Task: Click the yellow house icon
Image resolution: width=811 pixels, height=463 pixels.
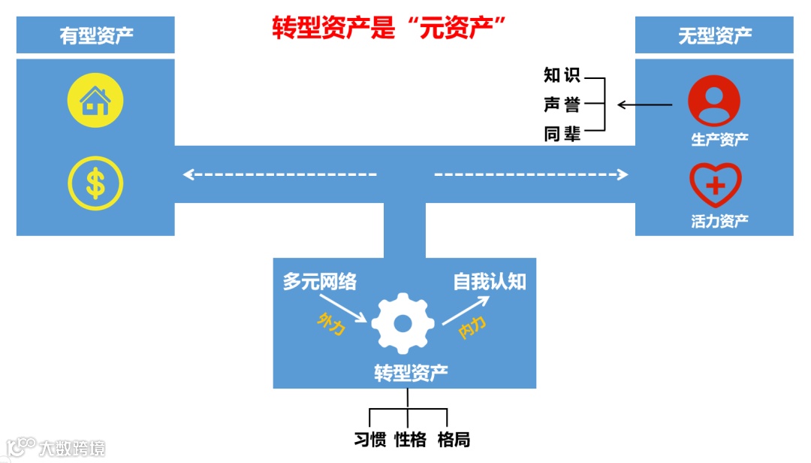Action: (95, 100)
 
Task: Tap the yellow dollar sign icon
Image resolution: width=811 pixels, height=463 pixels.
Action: (95, 183)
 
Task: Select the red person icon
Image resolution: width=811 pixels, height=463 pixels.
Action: (714, 101)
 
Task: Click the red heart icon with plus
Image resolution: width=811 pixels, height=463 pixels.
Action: (716, 185)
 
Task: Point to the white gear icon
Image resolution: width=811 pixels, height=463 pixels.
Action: (403, 323)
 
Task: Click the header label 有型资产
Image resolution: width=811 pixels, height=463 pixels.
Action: (96, 35)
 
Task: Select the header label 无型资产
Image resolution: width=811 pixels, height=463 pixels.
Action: (715, 35)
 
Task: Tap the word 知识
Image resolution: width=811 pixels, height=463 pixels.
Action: (562, 75)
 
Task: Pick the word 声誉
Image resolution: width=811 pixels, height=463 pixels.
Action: (562, 104)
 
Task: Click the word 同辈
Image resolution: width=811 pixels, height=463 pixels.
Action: (562, 135)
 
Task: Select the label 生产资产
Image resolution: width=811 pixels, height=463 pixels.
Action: (719, 139)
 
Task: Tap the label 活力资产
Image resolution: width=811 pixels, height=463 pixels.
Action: (719, 221)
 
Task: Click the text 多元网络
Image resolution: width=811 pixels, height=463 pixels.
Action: (320, 282)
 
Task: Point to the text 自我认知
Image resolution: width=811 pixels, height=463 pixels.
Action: (489, 281)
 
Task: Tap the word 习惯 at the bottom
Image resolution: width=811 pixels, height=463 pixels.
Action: (369, 439)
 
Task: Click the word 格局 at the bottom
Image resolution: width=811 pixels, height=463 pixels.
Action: (454, 439)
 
